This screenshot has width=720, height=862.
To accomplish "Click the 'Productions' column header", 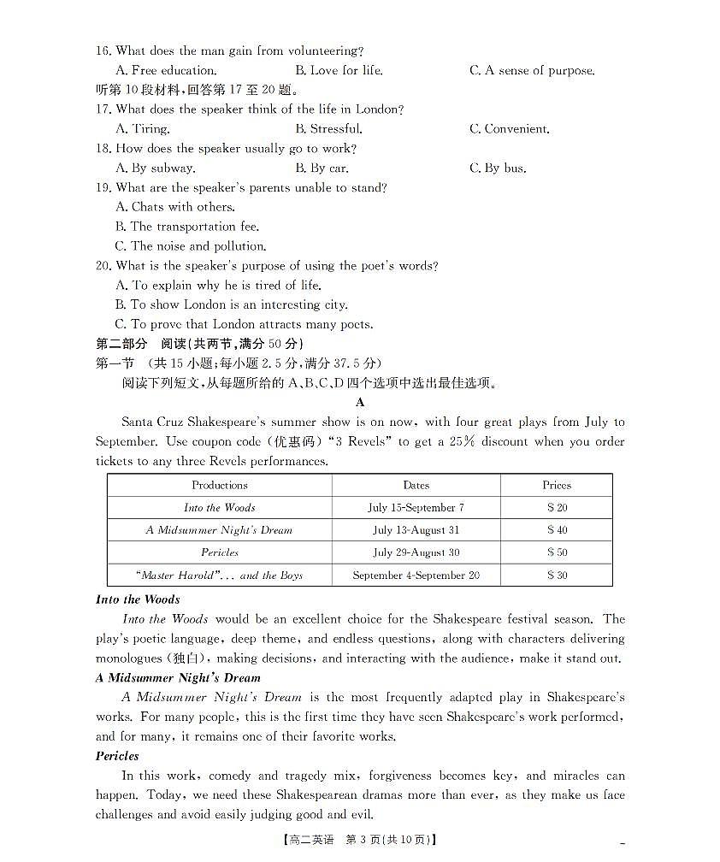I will point(220,485).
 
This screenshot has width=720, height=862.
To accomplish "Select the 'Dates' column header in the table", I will point(416,485).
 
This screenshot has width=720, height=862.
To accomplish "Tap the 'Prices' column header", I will point(557,485).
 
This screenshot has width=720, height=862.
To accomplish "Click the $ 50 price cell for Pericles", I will point(557,552).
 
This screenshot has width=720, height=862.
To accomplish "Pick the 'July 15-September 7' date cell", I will point(416,507).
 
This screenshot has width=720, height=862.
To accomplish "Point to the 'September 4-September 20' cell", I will point(416,576).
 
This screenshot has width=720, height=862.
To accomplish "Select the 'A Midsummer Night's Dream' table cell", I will point(219,530).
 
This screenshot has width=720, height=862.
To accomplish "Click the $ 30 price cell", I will point(557,576).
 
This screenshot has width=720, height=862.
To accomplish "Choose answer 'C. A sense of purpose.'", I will point(531,71).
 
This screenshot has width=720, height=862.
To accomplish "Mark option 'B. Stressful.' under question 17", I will point(328,129).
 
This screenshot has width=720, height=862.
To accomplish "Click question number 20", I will point(103,266).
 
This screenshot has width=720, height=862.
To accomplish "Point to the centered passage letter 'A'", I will point(360,402).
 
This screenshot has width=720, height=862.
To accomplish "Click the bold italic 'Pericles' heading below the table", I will point(117,756).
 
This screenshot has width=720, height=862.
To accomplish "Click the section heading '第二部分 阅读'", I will point(140,344).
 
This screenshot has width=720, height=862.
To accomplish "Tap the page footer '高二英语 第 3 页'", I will point(359,839).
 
